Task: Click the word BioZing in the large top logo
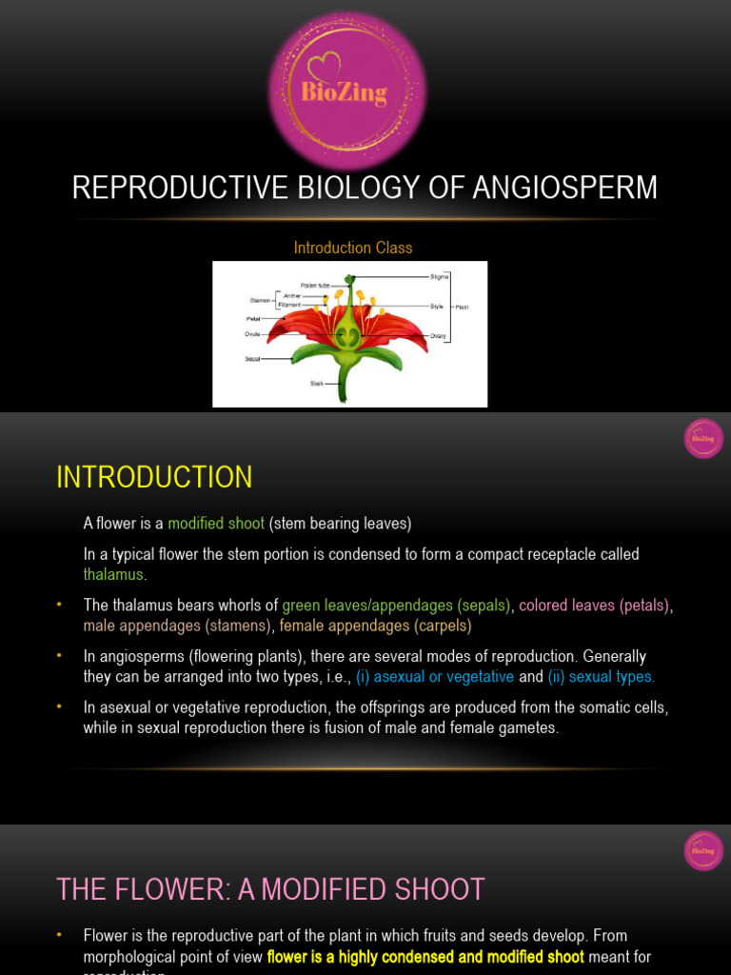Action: [345, 92]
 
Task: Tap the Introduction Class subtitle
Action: [352, 248]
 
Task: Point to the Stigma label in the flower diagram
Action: [439, 276]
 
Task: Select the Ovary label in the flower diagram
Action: [439, 335]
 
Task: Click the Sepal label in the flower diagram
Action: [253, 360]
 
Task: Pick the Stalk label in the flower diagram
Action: [317, 384]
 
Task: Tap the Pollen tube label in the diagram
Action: [315, 285]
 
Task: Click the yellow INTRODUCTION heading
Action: [154, 477]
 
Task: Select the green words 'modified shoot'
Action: [216, 524]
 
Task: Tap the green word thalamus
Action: [113, 574]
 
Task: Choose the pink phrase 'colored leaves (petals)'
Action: [594, 606]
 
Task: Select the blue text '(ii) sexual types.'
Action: [602, 677]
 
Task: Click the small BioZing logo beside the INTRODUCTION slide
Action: [703, 438]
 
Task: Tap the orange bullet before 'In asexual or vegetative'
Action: [59, 707]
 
